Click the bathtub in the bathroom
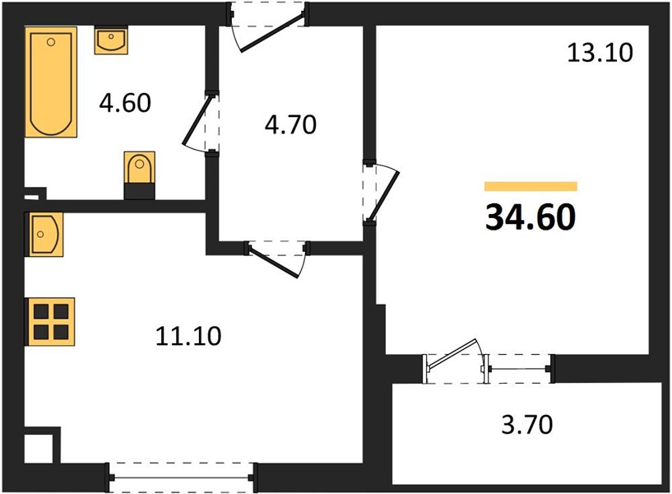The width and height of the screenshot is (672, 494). (x=51, y=82)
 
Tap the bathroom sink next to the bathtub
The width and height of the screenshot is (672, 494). (x=111, y=40)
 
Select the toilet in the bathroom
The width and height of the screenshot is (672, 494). (x=139, y=175)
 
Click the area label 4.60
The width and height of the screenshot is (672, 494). (x=125, y=104)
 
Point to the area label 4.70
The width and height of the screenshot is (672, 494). (x=290, y=125)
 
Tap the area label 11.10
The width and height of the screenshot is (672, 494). (x=188, y=336)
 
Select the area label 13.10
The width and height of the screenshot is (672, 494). (x=600, y=54)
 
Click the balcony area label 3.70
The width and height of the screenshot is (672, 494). (x=527, y=425)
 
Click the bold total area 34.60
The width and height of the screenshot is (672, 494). (x=531, y=217)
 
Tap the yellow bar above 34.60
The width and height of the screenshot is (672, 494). (x=531, y=186)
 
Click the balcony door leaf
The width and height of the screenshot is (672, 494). (x=452, y=354)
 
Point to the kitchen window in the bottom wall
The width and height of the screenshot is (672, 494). (x=181, y=478)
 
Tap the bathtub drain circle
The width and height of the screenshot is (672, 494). (x=51, y=42)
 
